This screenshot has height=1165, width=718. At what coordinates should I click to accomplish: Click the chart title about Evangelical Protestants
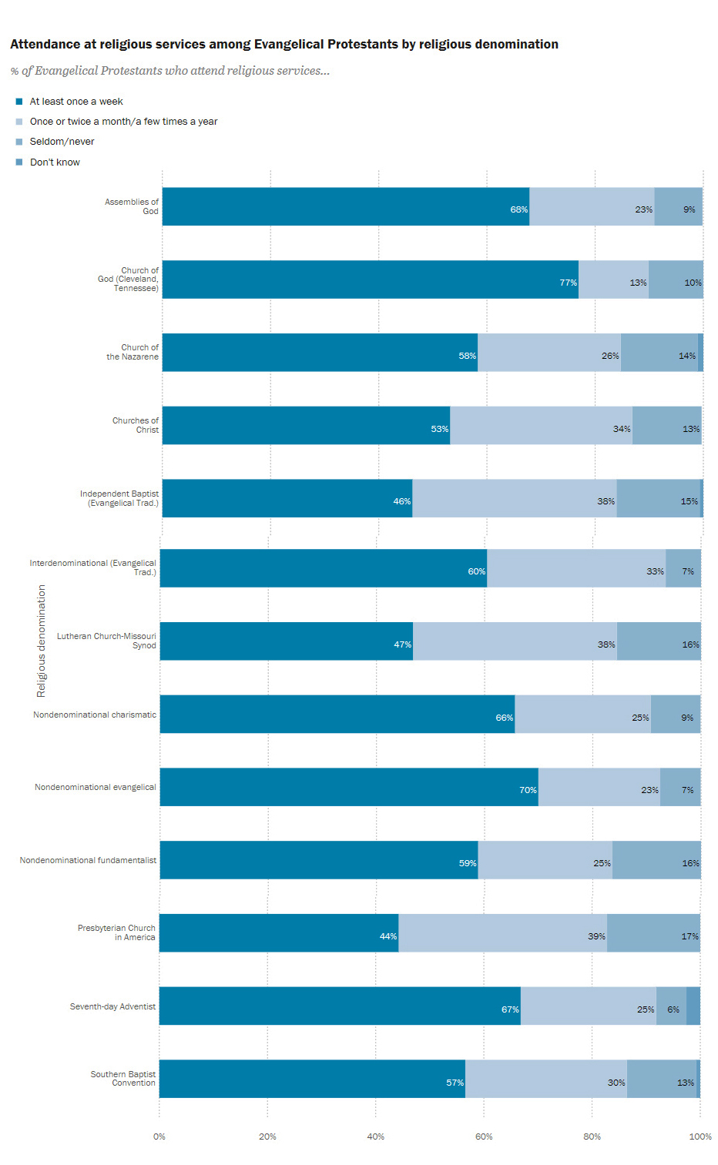click(x=284, y=45)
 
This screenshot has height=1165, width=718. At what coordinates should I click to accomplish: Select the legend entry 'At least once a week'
click(x=75, y=102)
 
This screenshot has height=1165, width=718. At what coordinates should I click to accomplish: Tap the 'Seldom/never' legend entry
click(x=62, y=142)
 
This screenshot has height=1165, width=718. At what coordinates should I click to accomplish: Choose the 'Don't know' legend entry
click(x=55, y=162)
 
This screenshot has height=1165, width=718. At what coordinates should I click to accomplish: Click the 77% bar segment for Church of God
click(x=370, y=280)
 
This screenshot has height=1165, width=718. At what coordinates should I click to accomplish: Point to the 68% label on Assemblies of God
click(x=518, y=209)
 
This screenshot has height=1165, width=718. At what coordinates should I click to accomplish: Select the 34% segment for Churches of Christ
click(x=541, y=425)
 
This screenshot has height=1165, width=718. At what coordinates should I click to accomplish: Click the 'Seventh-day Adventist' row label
click(x=112, y=1006)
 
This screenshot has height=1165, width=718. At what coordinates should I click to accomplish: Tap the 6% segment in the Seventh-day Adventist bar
click(x=671, y=1006)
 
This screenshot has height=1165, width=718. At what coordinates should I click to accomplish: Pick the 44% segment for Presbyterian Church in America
click(x=279, y=933)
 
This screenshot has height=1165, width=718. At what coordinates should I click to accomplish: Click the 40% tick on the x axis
click(x=376, y=1137)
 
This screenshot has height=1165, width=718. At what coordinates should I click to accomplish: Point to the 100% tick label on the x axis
click(x=700, y=1137)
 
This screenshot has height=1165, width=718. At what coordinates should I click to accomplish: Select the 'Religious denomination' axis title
click(x=42, y=641)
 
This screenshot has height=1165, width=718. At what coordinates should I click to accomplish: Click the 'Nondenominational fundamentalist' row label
click(x=88, y=860)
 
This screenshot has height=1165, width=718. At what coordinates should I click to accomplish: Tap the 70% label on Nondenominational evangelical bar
click(x=528, y=790)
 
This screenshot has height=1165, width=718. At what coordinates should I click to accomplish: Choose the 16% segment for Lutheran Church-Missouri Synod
click(x=659, y=641)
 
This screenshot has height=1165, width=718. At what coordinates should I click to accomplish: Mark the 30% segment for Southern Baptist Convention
click(x=545, y=1079)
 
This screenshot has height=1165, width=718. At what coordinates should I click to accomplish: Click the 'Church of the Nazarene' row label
click(x=133, y=352)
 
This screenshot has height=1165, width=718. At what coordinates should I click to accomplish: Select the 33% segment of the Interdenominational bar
click(x=576, y=568)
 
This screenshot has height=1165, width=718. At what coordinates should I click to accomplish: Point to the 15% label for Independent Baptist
click(x=689, y=501)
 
